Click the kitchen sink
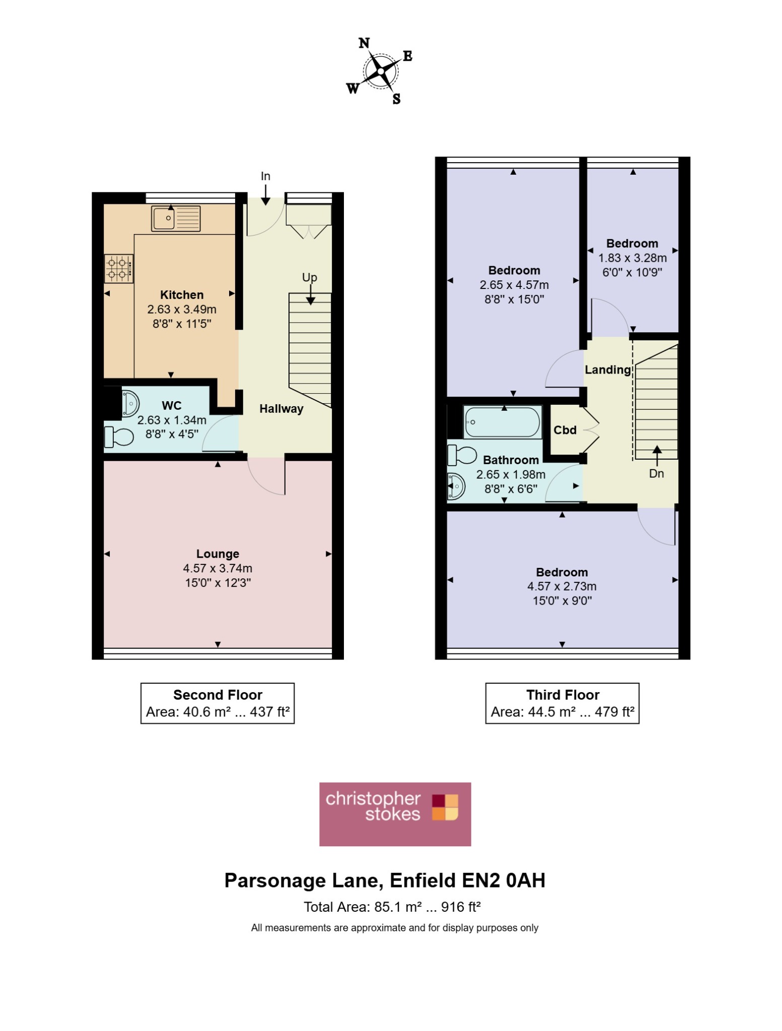click(x=176, y=218)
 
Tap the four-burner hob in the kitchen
click(x=119, y=269)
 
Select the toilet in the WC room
click(x=119, y=437)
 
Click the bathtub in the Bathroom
click(x=503, y=422)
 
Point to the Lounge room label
click(x=218, y=554)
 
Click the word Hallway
click(x=281, y=409)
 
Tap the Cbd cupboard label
click(x=565, y=430)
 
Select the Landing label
click(x=608, y=370)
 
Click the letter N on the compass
click(x=364, y=43)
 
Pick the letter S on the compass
click(x=396, y=99)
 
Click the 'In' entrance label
click(x=265, y=176)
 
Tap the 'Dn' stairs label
click(x=657, y=474)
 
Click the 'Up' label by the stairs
click(x=310, y=277)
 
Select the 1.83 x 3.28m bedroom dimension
click(x=632, y=258)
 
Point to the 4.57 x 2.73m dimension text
click(x=562, y=586)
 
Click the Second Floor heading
click(x=218, y=695)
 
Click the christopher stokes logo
click(x=395, y=814)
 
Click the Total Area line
click(x=392, y=907)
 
